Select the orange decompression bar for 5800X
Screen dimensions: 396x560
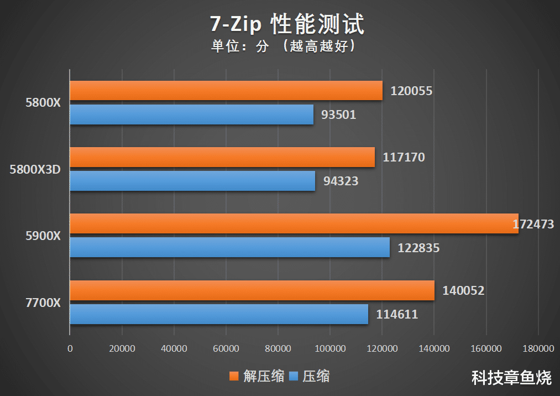point(226,91)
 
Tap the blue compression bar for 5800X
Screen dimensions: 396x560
point(191,114)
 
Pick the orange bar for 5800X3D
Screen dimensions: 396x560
point(222,157)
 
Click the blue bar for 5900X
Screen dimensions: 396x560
point(229,247)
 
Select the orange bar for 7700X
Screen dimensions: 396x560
point(252,290)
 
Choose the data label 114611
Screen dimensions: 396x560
point(397,315)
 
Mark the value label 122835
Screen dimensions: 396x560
point(418,248)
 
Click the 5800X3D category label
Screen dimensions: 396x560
point(35,169)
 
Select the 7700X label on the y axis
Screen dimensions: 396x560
point(43,303)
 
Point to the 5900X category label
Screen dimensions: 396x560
point(43,236)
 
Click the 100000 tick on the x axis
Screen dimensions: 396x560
point(329,349)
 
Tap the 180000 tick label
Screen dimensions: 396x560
point(538,349)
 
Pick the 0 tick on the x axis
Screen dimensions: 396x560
point(70,349)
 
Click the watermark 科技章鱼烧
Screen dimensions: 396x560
point(511,378)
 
